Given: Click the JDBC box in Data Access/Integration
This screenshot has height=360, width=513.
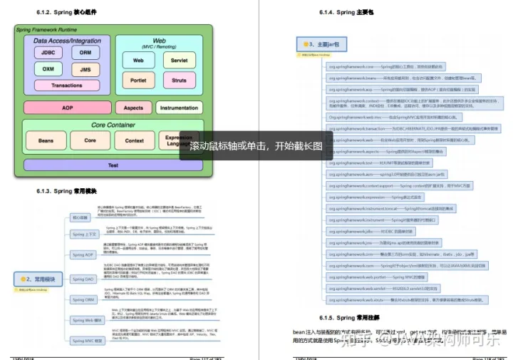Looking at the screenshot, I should click(x=48, y=53).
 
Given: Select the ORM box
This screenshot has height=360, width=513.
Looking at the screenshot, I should click(x=85, y=53).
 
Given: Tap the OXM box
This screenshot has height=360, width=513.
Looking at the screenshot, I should click(x=48, y=69).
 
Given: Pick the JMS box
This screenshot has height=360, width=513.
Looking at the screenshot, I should click(x=85, y=69).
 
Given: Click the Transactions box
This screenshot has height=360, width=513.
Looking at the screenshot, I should click(x=67, y=85).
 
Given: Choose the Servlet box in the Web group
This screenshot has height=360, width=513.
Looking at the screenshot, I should click(x=179, y=61).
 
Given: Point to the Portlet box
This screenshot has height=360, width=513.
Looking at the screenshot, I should click(x=138, y=80).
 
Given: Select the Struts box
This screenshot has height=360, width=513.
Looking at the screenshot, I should click(x=179, y=80).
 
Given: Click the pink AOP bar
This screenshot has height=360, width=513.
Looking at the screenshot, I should click(x=67, y=108).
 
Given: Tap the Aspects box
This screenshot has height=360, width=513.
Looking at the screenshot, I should click(x=133, y=108).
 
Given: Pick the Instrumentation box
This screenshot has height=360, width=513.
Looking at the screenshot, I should click(x=179, y=108).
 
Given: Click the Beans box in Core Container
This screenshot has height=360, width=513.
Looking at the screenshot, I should click(x=46, y=140).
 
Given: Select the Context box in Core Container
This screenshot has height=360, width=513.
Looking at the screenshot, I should click(x=135, y=140).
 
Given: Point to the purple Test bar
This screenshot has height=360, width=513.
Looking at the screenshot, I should click(x=113, y=165).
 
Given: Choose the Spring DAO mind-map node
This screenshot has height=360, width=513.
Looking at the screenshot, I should click(x=83, y=279).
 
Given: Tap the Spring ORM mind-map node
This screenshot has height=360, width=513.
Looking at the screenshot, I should click(x=83, y=300).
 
